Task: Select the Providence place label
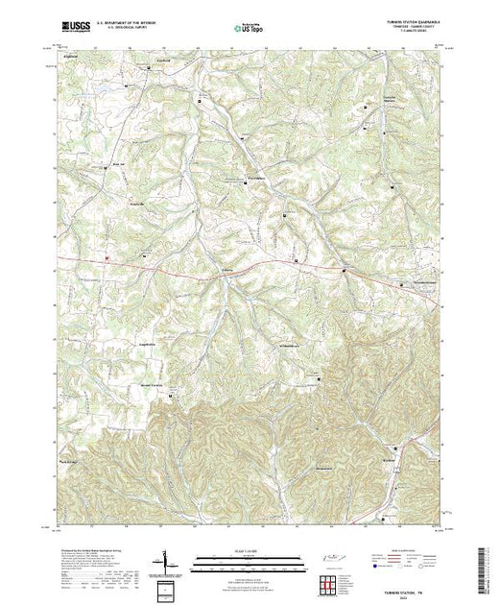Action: [253, 178]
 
